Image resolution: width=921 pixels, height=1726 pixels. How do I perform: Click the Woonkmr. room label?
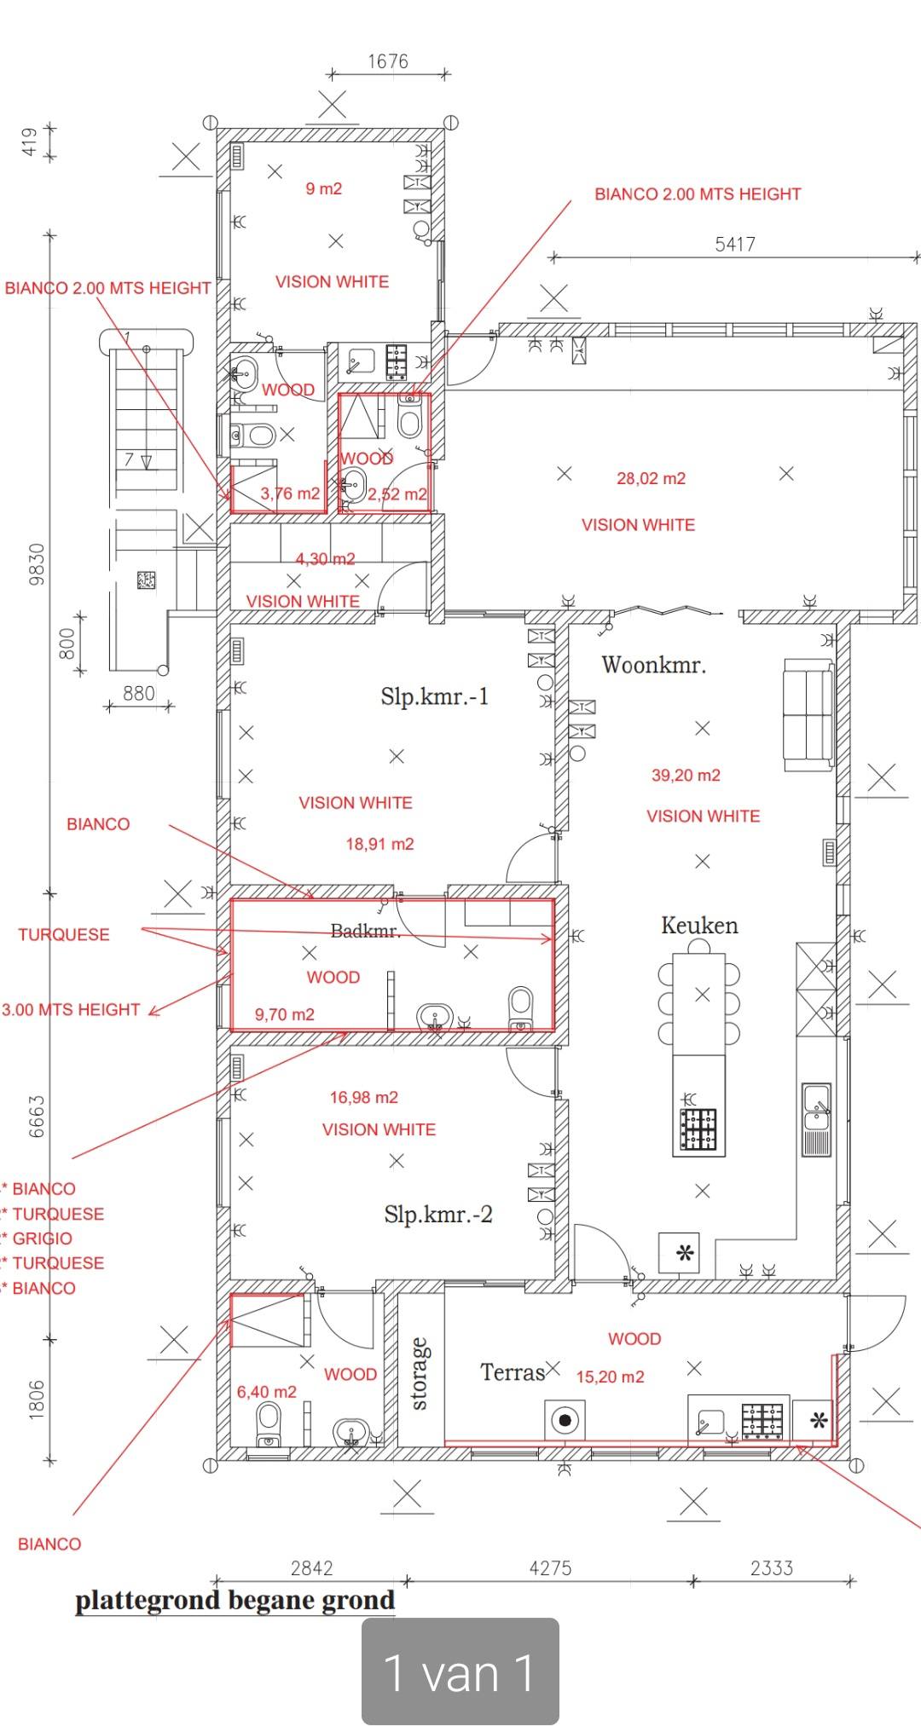[x=654, y=665]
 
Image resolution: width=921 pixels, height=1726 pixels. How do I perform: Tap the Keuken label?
[x=699, y=926]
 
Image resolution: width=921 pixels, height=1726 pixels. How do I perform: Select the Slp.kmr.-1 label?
[x=435, y=696]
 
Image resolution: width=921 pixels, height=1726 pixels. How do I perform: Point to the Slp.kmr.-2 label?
[x=438, y=1214]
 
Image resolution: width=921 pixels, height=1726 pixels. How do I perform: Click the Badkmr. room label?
[x=366, y=931]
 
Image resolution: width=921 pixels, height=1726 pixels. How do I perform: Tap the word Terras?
[x=513, y=1372]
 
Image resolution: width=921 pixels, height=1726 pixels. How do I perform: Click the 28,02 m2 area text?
[x=652, y=479]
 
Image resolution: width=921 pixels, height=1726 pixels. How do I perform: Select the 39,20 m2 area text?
[x=686, y=776]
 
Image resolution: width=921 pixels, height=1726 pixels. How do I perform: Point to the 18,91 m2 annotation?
[x=379, y=845]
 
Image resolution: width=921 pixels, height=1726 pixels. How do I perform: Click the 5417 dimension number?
[x=735, y=245]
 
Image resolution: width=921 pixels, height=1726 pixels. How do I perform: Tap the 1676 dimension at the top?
[x=388, y=61]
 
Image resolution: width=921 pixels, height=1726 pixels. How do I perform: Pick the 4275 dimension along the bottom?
[x=550, y=1567]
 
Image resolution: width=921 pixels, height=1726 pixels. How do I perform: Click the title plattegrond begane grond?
[x=235, y=1601]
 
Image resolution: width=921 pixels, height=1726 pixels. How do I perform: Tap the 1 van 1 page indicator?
[x=460, y=1673]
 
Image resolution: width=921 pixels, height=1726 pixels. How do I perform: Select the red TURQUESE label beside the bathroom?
[x=64, y=935]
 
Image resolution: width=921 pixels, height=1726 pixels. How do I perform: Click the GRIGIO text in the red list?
[x=42, y=1238]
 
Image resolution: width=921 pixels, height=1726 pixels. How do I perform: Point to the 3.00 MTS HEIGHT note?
[x=71, y=1010]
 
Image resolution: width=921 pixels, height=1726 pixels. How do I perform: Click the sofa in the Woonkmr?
[x=808, y=715]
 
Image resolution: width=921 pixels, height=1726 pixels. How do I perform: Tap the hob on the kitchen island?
[x=698, y=1130]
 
